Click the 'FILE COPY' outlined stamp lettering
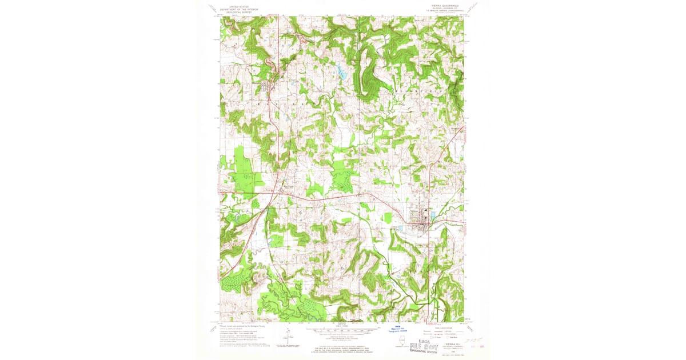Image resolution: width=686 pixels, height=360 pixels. click(425, 343)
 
